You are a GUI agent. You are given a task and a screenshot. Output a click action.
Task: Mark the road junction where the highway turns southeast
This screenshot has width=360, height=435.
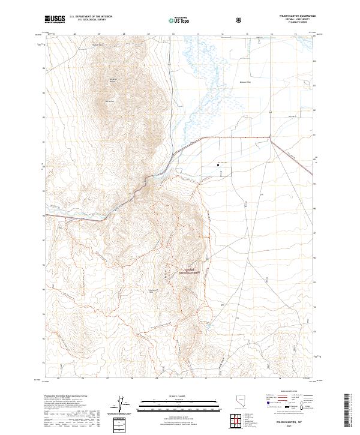[271, 139]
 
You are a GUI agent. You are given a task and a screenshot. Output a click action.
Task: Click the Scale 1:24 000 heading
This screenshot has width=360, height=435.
[180, 394]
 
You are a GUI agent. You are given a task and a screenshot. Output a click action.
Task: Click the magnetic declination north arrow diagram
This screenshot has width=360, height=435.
[125, 404]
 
